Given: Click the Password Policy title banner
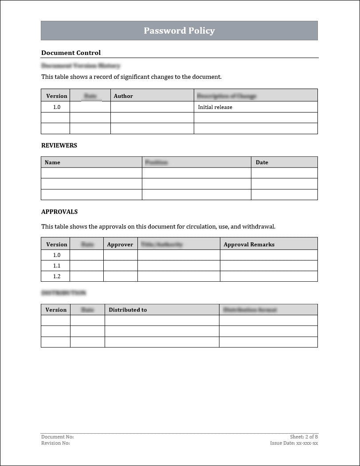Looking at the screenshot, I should tap(179, 31).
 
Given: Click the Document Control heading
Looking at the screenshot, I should tap(71, 53).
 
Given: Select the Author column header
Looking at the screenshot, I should tap(123, 96).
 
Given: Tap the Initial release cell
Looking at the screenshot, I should tap(215, 107).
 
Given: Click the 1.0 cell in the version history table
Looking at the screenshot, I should tap(57, 107).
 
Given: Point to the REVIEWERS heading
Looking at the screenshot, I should tap(59, 145).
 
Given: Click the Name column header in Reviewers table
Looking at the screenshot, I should tap(52, 162).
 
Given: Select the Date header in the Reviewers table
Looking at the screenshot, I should tap(262, 162).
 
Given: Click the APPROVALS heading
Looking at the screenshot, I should tap(59, 212).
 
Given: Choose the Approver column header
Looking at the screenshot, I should tap(120, 244).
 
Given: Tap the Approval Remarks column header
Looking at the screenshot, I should tap(249, 244).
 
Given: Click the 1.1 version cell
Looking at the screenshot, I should tap(57, 266).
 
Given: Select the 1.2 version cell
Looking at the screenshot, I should tap(57, 276).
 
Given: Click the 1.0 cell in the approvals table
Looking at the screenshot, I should tap(57, 255).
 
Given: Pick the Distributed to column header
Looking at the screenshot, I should tap(128, 310).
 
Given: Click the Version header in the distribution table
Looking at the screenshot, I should tap(56, 310).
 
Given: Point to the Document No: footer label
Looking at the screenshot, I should tap(58, 437).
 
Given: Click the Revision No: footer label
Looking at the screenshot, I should tap(55, 443).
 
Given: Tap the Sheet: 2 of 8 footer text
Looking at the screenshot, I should tap(304, 437).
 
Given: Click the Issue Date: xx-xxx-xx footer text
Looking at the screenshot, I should tap(294, 443).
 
